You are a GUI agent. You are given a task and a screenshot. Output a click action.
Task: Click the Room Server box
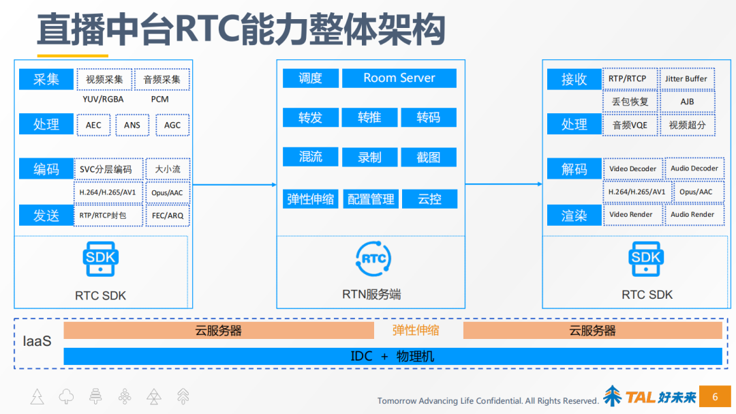click(399, 78)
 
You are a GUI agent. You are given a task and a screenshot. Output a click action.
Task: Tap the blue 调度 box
click(310, 78)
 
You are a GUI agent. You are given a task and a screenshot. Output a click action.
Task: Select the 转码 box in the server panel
click(429, 117)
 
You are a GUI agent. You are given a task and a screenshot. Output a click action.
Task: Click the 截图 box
click(429, 157)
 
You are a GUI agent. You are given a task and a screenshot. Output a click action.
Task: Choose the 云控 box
click(429, 198)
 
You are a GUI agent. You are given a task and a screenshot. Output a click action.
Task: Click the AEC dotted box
click(93, 125)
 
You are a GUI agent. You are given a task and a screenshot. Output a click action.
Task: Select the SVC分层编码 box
click(108, 169)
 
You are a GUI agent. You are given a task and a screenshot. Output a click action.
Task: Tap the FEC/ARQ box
click(168, 216)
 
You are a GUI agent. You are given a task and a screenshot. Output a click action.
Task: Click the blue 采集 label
click(46, 79)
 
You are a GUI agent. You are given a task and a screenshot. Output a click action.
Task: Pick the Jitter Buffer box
click(686, 78)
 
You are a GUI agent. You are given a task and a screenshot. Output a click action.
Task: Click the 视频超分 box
click(687, 125)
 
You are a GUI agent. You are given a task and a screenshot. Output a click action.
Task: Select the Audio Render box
click(694, 214)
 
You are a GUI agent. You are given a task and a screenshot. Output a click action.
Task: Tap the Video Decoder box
click(632, 168)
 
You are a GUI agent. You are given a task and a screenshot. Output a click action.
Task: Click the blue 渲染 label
click(574, 216)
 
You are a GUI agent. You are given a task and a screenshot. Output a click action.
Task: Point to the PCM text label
click(159, 99)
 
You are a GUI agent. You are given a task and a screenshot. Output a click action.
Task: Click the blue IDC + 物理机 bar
click(393, 356)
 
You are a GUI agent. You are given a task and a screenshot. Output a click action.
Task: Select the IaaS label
click(37, 341)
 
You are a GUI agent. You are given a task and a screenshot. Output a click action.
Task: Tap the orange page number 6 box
click(715, 396)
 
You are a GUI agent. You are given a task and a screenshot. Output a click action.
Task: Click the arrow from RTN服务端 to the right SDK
click(504, 184)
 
